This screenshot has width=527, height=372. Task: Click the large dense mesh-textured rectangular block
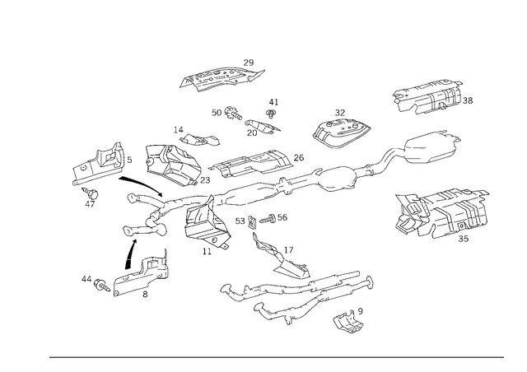441,212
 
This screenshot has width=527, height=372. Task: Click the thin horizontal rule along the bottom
276,356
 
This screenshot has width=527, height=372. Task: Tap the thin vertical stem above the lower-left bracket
128,243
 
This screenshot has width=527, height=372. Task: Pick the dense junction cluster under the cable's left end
202,224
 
